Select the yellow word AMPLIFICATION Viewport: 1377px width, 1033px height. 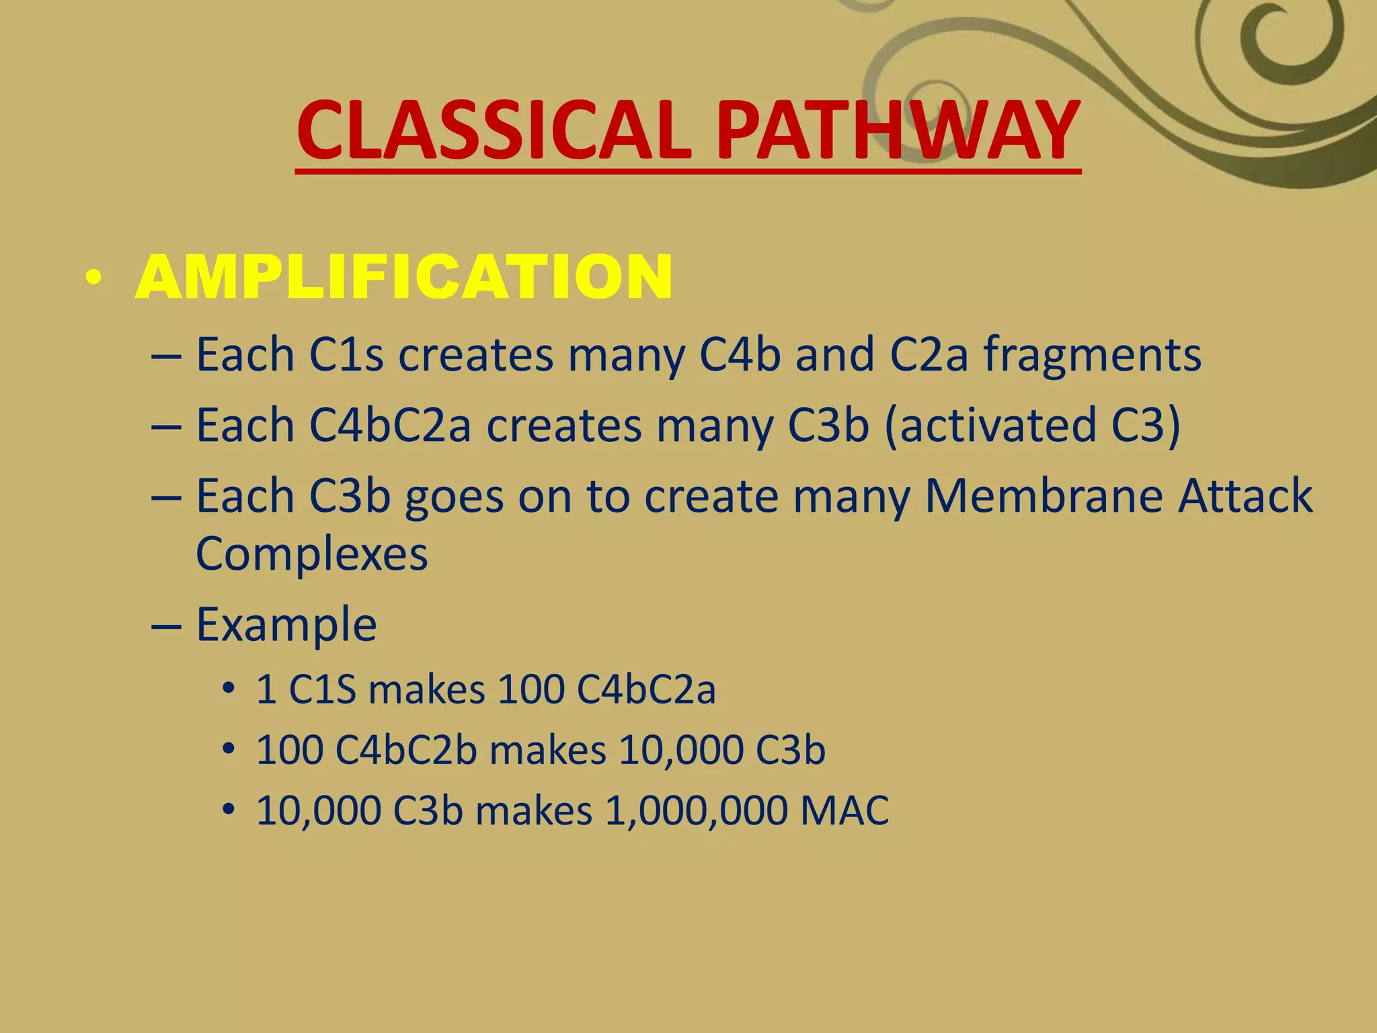pos(403,277)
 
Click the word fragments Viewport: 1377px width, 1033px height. pos(1093,354)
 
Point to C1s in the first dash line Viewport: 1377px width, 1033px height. pos(346,354)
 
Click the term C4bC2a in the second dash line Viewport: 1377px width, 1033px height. pos(390,425)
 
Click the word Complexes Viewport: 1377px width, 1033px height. pos(311,554)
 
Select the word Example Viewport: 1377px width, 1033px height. pos(286,625)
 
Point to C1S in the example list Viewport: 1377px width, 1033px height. pos(321,690)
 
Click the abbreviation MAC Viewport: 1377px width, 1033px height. pos(844,810)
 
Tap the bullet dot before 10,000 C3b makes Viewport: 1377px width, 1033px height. pos(229,808)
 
